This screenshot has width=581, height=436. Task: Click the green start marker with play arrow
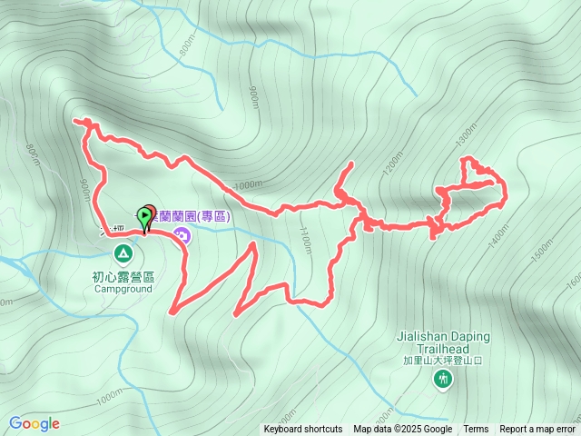pos(144,216)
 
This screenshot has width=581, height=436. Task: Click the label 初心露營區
pos(123,277)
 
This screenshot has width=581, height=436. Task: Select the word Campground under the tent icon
pos(123,290)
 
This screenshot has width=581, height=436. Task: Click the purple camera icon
pos(182,237)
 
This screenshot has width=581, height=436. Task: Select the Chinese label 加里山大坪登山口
pos(442,361)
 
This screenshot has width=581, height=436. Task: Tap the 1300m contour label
pos(466,134)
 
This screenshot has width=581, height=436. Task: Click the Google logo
pos(34,423)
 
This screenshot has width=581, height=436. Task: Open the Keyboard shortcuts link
pos(303,430)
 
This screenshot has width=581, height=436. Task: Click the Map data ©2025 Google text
pos(402,430)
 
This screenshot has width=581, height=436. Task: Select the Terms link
pos(476,430)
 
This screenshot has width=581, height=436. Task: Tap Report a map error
pos(537,430)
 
